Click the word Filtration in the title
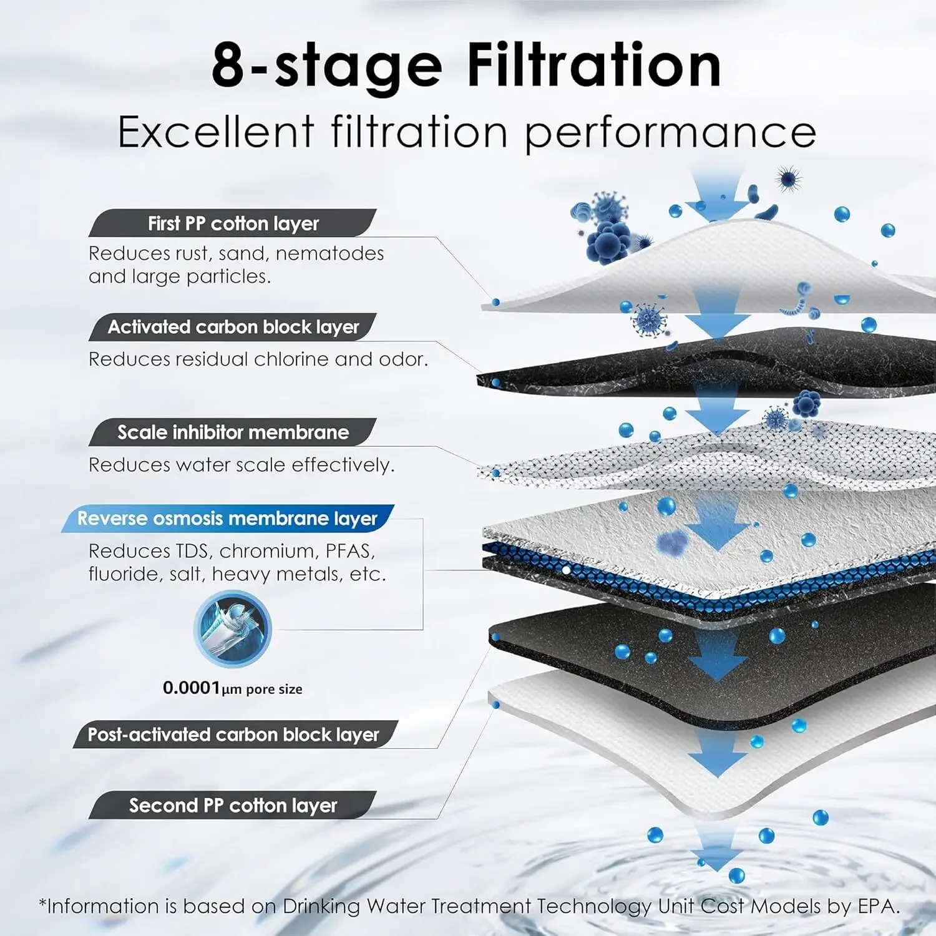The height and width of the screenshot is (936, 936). click(x=593, y=66)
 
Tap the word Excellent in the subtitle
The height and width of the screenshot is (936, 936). click(x=216, y=132)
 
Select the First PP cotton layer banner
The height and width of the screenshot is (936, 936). click(x=233, y=223)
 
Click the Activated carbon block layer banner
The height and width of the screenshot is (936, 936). click(x=233, y=327)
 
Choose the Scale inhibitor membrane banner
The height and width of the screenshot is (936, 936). click(x=233, y=432)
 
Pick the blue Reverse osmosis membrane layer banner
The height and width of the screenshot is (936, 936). click(x=227, y=519)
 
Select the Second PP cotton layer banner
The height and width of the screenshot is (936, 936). click(x=233, y=806)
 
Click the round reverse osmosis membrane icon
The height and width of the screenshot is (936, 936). click(x=232, y=628)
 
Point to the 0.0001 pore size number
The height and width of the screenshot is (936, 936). click(x=192, y=688)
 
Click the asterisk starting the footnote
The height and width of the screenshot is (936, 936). click(x=43, y=904)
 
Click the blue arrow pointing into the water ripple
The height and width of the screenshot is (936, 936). click(x=717, y=849)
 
